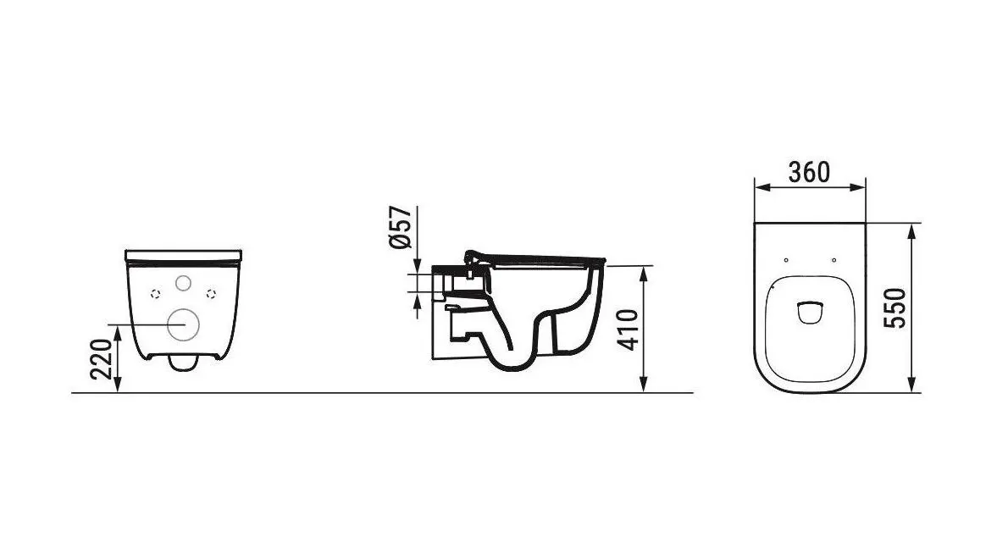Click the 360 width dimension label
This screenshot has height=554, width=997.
pos(809,172)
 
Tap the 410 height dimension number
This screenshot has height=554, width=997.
pos(629,330)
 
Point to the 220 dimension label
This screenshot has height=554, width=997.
pos(101,359)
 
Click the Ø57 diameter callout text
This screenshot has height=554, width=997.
pos(400,227)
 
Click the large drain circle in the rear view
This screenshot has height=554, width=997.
pos(183,324)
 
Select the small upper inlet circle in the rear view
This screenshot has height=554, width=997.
pos(183,284)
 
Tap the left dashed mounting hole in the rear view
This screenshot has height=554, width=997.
pos(155,293)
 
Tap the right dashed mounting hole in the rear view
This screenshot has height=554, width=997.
pos(211,293)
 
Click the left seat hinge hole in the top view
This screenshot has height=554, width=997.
pos(787,260)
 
